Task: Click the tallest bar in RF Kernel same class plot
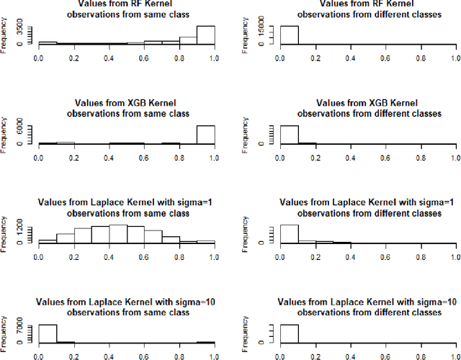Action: coord(206,35)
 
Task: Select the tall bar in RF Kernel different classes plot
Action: coord(289,35)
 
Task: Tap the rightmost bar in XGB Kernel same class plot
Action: coord(206,135)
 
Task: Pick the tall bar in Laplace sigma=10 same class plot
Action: coord(47,333)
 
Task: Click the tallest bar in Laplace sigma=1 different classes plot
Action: coord(289,234)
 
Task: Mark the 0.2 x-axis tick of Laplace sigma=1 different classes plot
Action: coord(315,254)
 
